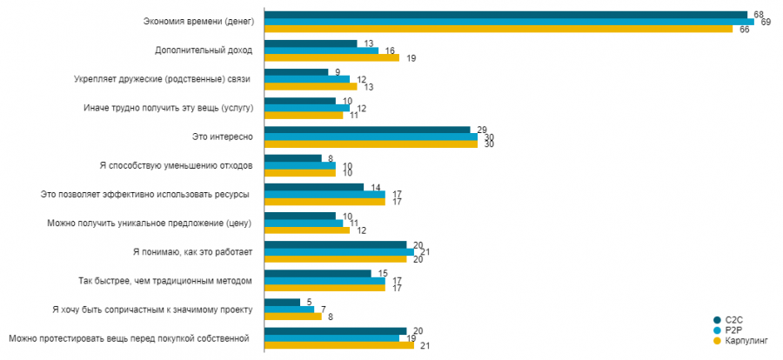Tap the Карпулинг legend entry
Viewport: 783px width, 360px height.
click(741, 340)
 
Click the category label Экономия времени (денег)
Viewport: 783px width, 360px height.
click(197, 22)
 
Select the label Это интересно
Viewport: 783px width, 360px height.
click(223, 137)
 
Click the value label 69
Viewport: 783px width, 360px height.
click(766, 22)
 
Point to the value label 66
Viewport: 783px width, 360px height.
click(745, 30)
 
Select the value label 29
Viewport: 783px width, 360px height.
click(482, 129)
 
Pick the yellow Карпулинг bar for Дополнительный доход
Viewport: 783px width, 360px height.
click(331, 57)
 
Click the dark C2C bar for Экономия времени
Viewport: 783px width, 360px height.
click(505, 15)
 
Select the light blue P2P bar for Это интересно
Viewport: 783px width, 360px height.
click(371, 137)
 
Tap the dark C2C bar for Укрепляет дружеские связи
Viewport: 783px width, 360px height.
click(296, 72)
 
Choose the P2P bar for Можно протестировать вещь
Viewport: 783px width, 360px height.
click(331, 337)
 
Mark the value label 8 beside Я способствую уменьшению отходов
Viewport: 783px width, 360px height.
click(329, 157)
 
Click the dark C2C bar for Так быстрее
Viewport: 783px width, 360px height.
click(318, 273)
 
